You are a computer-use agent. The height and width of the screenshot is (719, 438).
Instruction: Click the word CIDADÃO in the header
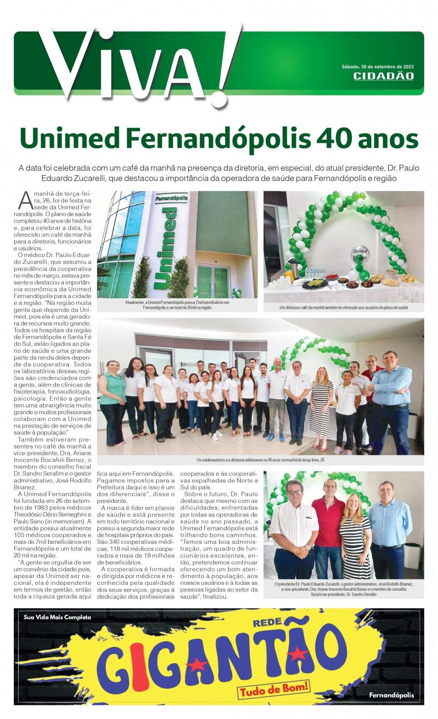[x=383, y=76]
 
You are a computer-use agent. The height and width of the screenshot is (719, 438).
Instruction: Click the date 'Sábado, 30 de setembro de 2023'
[x=377, y=67]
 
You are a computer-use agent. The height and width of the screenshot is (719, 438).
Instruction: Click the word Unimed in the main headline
[x=70, y=139]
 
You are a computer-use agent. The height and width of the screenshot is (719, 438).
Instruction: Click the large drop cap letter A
[x=26, y=201]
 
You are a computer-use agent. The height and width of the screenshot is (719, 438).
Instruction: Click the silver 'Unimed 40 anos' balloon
[x=360, y=253]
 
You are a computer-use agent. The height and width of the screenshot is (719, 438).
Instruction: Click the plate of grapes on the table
[x=314, y=283]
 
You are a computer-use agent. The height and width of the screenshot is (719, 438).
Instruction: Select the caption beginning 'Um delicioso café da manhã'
[x=343, y=308]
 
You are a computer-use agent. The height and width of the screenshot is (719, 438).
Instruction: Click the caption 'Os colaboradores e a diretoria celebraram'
[x=260, y=460]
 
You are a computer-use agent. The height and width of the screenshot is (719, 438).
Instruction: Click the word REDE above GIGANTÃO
[x=267, y=623]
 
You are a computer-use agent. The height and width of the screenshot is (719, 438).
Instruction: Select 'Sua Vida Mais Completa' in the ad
[x=57, y=617]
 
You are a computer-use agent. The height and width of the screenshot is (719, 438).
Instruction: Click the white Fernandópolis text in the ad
[x=391, y=695]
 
